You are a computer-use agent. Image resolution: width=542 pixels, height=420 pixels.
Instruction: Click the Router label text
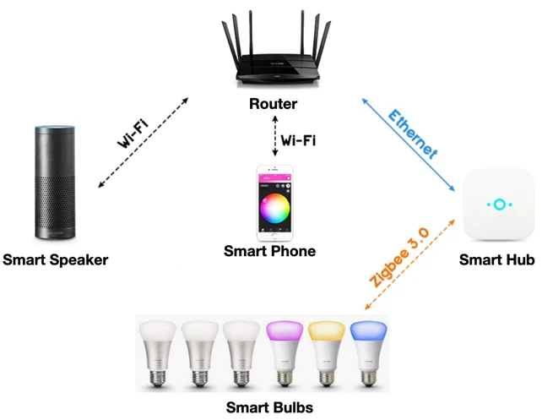click(274, 106)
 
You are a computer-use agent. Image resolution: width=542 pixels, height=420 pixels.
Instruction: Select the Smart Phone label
click(269, 251)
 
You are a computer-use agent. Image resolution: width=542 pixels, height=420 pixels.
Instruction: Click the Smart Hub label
click(496, 260)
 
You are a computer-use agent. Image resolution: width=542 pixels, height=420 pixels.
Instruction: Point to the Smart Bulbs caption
click(269, 407)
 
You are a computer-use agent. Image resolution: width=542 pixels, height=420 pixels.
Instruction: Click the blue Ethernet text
click(414, 134)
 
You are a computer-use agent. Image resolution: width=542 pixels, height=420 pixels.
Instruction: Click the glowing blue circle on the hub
click(498, 205)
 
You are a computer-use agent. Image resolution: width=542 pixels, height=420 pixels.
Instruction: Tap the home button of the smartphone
click(274, 238)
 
